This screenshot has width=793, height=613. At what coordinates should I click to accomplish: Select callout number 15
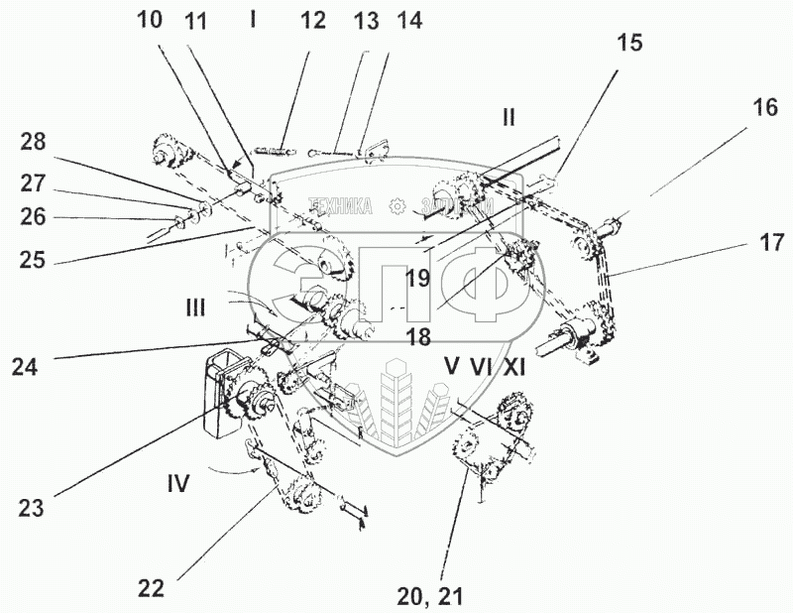point(628,43)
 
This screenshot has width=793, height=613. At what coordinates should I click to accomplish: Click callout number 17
point(771,241)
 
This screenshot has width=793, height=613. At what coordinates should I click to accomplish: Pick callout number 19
point(417,278)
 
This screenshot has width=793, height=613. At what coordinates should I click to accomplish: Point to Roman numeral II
point(508,117)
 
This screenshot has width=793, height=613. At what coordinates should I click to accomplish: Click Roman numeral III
point(194,307)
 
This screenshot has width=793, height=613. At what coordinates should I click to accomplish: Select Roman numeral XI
point(513,366)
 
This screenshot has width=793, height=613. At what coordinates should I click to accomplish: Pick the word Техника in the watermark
point(340,206)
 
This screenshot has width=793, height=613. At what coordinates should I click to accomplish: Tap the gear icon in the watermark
point(398,206)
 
